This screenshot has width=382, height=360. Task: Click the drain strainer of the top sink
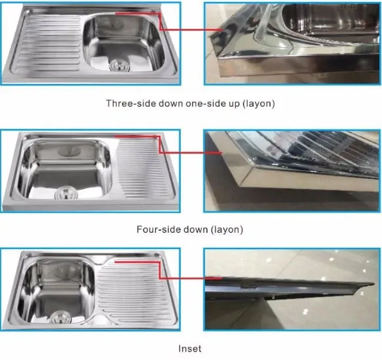coord(119,66)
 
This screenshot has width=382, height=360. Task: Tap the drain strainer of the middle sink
coord(66,193)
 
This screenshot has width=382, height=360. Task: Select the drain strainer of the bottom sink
coord(61,317)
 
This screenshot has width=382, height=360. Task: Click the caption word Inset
coord(190,349)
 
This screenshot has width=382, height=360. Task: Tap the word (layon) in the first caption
coord(258,104)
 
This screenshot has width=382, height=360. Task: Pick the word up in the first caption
coord(234,104)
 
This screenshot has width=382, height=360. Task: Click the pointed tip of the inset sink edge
coord(373,284)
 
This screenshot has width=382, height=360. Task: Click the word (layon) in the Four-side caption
coord(227,230)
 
